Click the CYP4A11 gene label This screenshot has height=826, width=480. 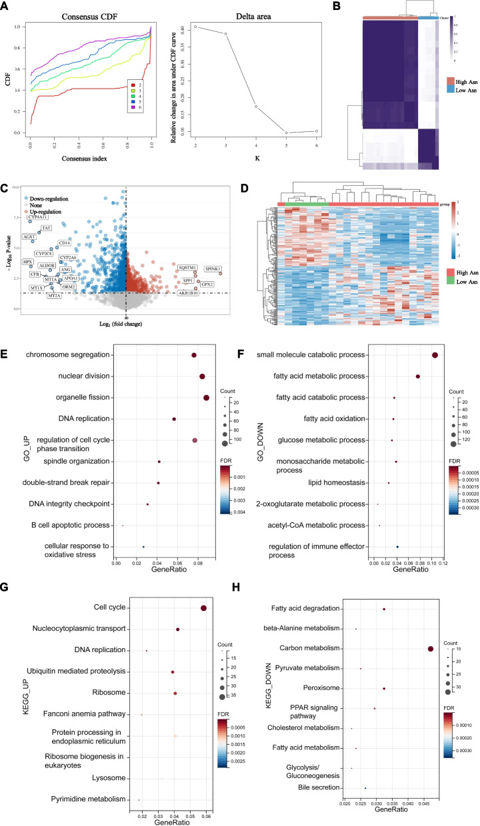38,217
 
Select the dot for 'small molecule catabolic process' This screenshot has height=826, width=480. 435,355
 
